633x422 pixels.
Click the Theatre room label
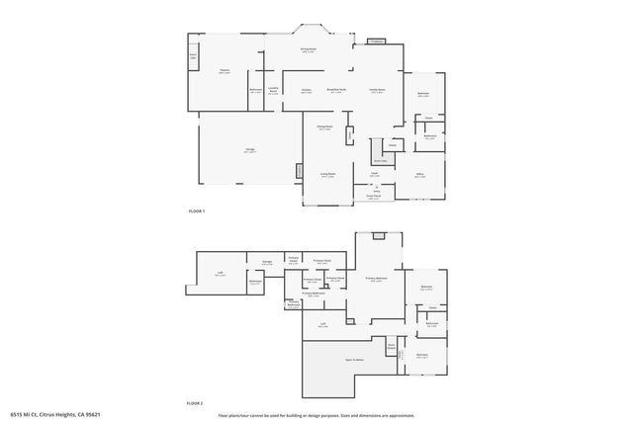(x=225, y=72)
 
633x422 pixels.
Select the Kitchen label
(x=306, y=90)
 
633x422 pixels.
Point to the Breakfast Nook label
(x=337, y=90)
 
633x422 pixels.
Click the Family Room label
(x=377, y=90)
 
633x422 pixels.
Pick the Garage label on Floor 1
(x=250, y=150)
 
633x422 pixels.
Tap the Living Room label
(x=327, y=175)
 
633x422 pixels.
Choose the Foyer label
(x=375, y=175)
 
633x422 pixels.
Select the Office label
(x=419, y=175)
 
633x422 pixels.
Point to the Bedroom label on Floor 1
(x=423, y=94)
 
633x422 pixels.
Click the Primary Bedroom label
(x=376, y=280)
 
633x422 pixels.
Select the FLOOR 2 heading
(x=196, y=403)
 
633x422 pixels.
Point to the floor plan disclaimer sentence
(x=316, y=414)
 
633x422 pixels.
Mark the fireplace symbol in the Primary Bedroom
(x=377, y=236)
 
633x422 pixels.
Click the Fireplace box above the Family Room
(x=377, y=42)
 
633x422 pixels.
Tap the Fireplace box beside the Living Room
(x=299, y=172)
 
